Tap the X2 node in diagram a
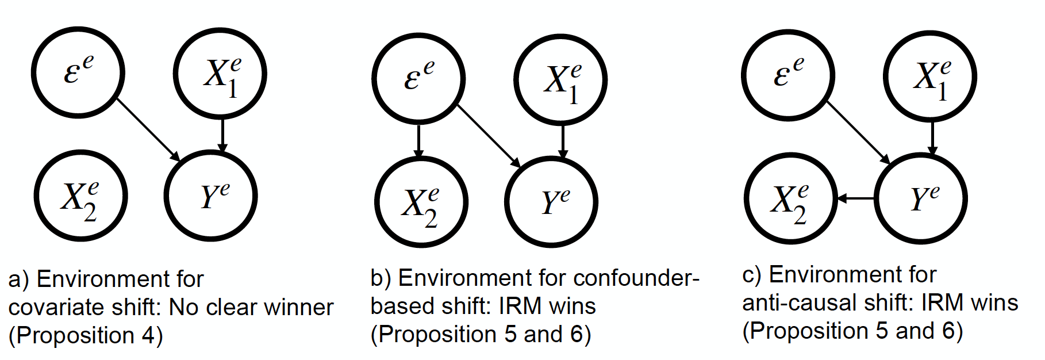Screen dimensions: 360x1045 pos(80,196)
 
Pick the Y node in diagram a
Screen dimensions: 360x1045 pos(210,196)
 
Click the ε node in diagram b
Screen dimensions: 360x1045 pos(418,78)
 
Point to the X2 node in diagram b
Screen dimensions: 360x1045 pos(421,202)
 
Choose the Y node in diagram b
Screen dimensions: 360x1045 pos(551,202)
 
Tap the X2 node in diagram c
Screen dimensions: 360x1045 pos(789,199)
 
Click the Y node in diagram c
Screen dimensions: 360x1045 pos(920,199)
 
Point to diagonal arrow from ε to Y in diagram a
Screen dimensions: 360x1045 pos(148,130)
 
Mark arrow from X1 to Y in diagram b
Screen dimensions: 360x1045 pos(563,141)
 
